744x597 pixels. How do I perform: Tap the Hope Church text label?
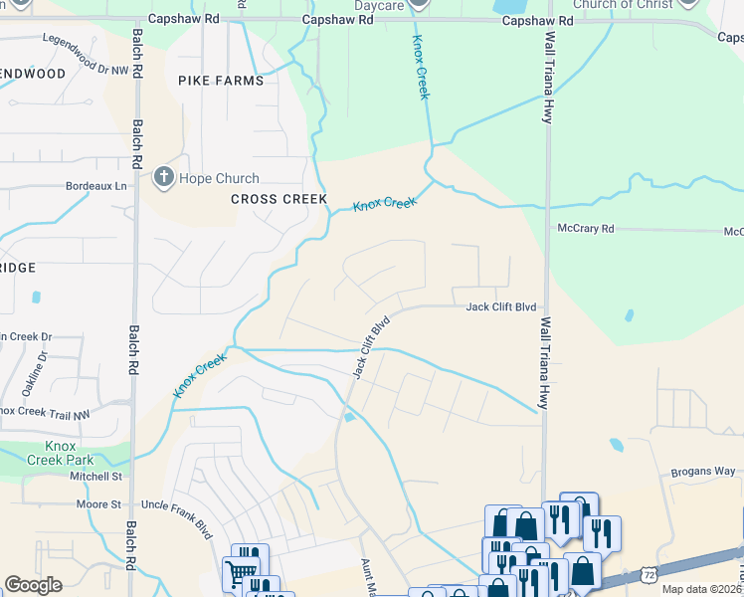click(219, 179)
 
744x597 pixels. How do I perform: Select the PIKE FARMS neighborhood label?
click(221, 80)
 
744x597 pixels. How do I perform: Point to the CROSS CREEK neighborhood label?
click(279, 199)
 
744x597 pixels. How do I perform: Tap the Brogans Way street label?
click(702, 471)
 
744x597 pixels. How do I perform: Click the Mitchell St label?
click(94, 477)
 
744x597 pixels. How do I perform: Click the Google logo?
click(33, 585)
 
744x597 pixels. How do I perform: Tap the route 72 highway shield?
click(649, 575)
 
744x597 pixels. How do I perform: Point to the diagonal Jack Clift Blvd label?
click(369, 347)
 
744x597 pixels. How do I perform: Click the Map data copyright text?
click(702, 589)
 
